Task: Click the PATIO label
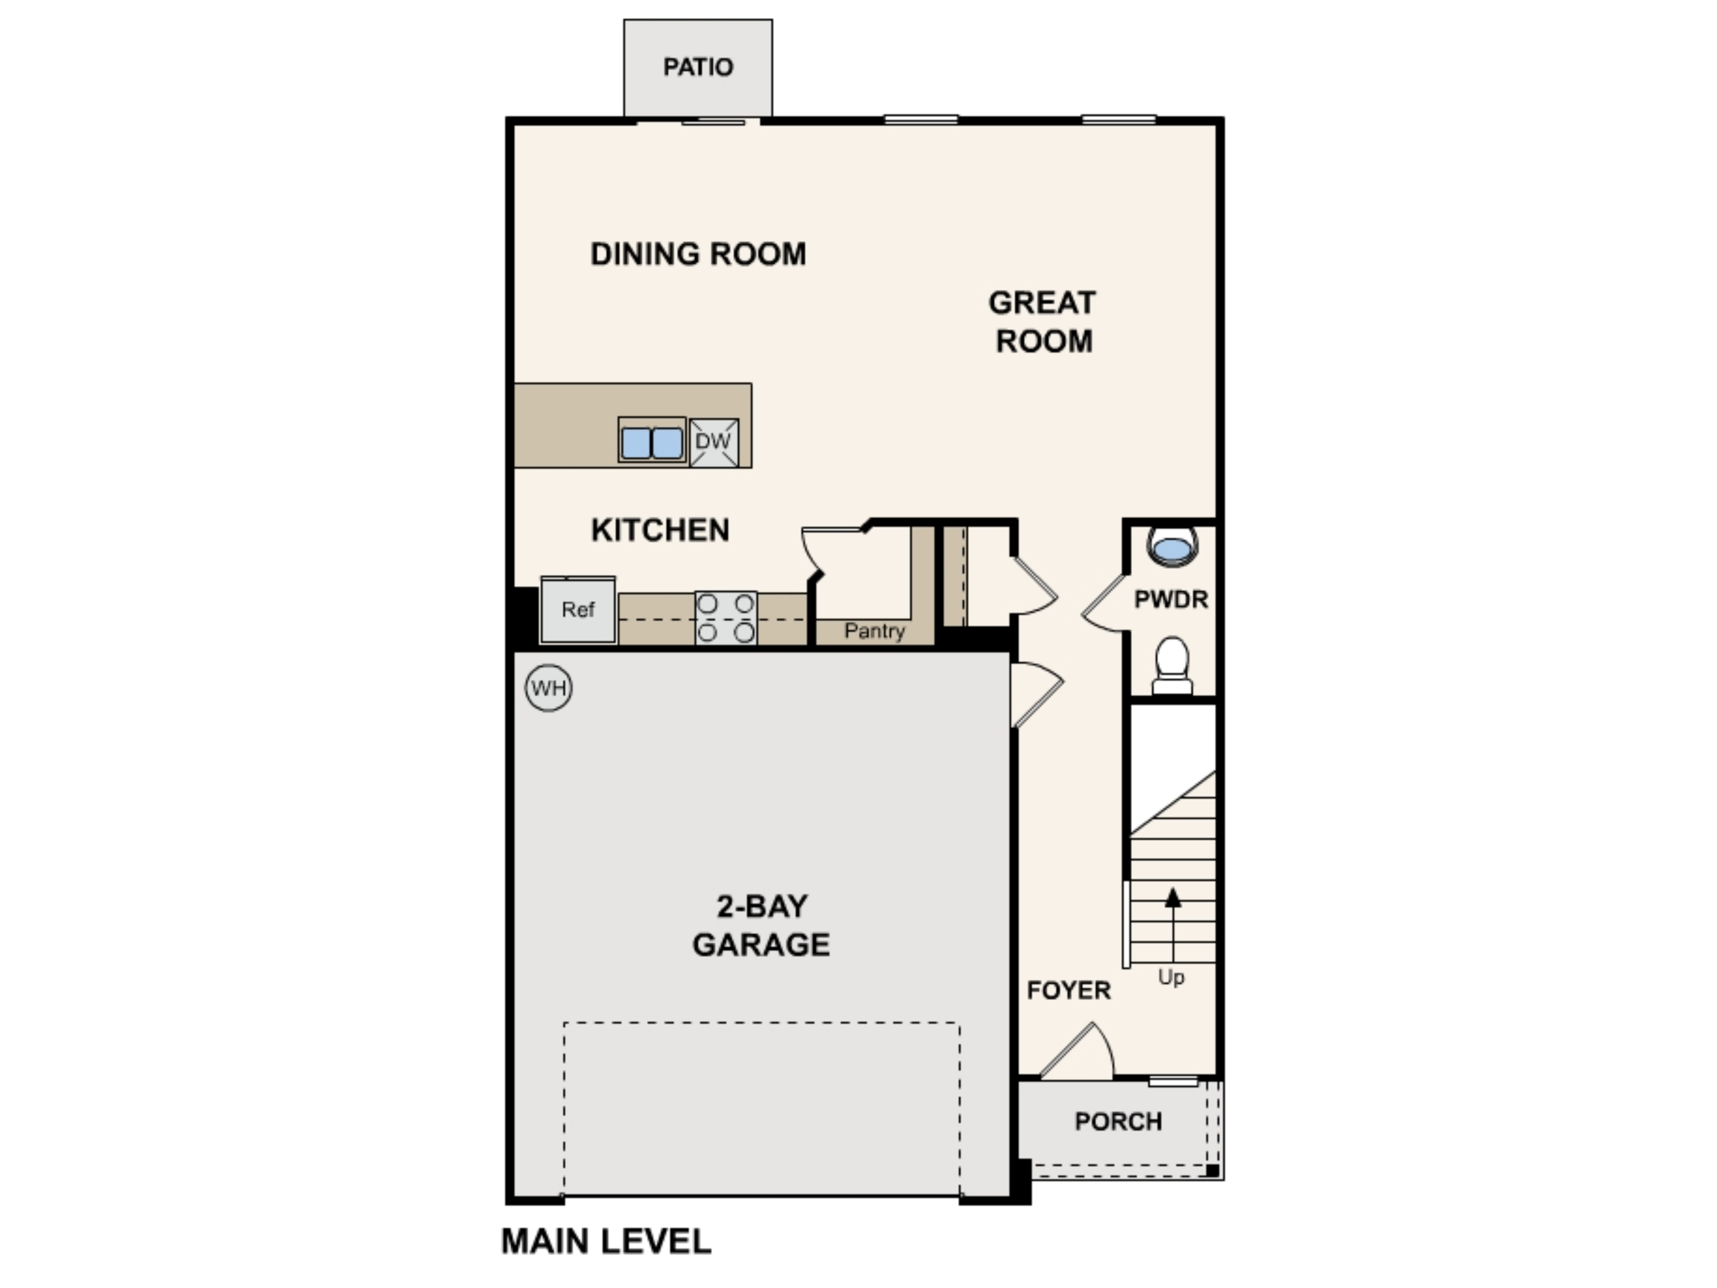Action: click(698, 67)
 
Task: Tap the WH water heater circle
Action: click(549, 688)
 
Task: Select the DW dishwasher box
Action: click(713, 442)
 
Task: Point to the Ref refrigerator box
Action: click(578, 610)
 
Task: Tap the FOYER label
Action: click(1069, 990)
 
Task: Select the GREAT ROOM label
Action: click(1043, 322)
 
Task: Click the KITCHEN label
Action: click(660, 530)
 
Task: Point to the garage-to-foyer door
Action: click(1034, 693)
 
